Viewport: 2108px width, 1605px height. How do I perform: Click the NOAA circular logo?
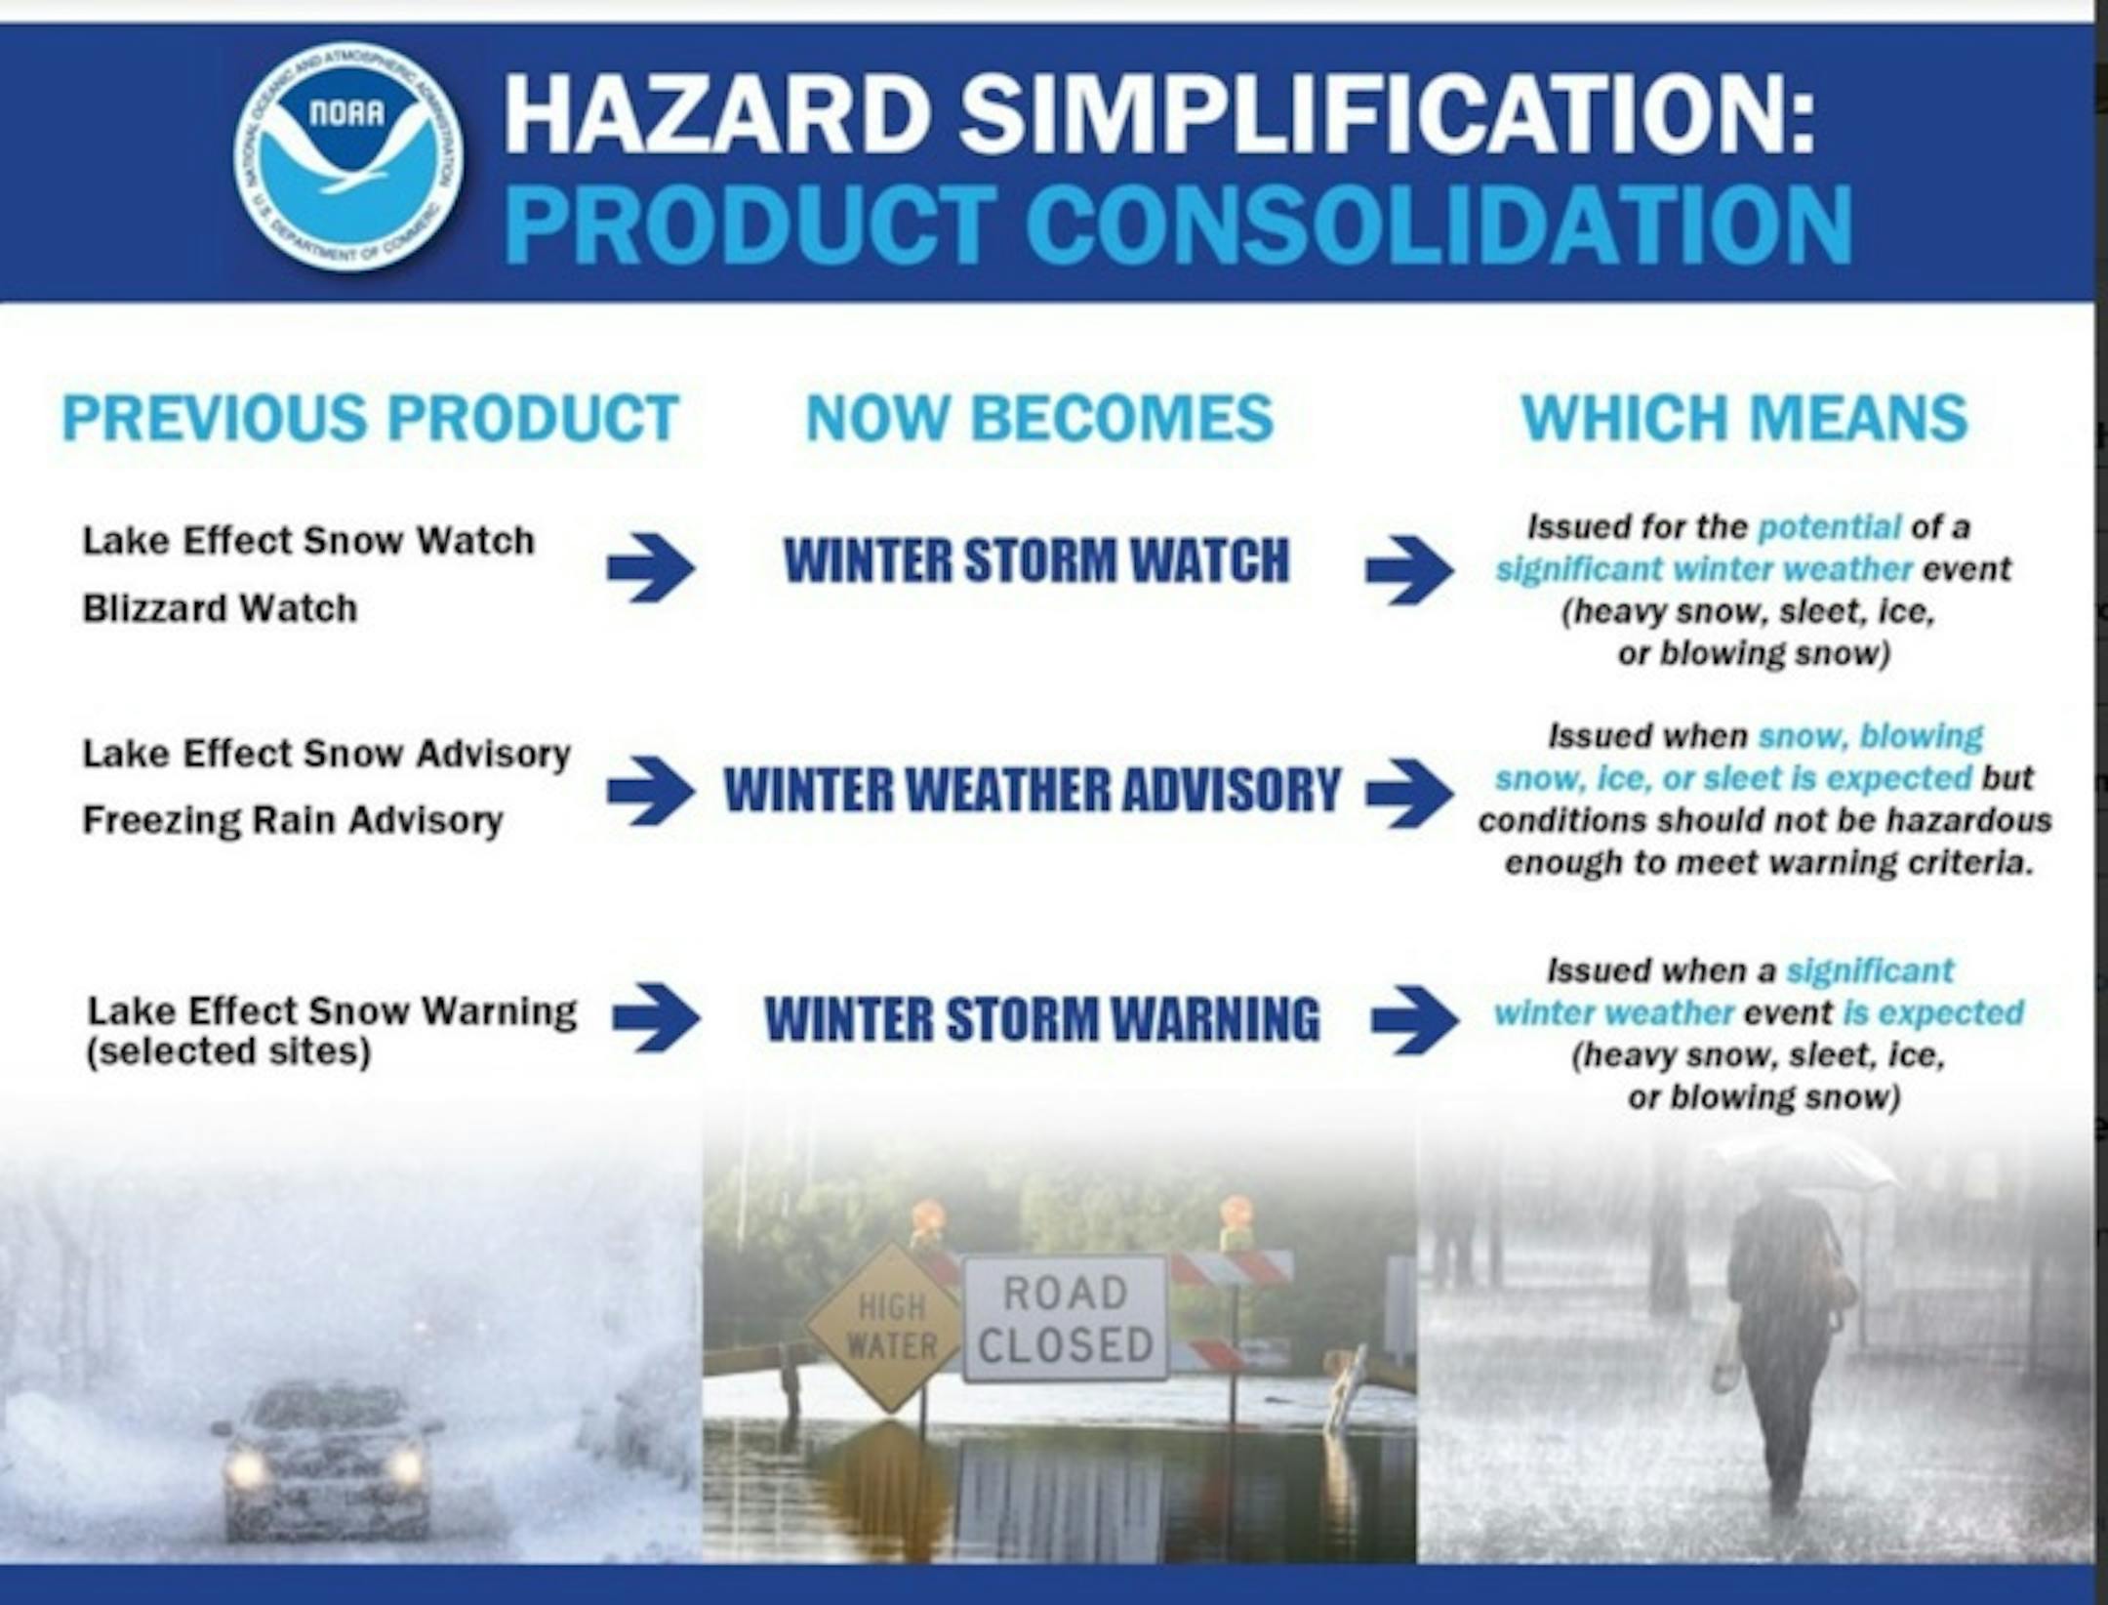pos(348,157)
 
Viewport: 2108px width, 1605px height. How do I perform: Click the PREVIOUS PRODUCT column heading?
pos(370,418)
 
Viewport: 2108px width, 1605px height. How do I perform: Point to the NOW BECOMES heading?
pos(1039,418)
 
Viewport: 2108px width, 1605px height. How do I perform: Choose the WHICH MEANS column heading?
pos(1744,418)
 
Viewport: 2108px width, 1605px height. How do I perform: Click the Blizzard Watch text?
pos(220,608)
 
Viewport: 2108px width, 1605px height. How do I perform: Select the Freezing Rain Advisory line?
pos(293,820)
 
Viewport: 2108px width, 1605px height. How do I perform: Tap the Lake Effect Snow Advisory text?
pos(326,754)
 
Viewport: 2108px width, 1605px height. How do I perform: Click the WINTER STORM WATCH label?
pos(1036,560)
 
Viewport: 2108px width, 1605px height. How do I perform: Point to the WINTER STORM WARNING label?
pos(1041,1018)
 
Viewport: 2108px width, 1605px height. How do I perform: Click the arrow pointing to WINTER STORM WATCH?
pos(651,566)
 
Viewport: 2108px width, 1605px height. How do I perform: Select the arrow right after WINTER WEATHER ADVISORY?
pos(1410,790)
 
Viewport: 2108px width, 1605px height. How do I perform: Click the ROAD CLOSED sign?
pos(1066,1319)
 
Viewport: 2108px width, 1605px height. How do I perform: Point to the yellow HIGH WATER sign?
pos(890,1326)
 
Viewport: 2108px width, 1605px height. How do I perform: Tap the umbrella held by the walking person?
pos(1806,1162)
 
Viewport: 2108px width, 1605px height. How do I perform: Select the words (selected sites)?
pos(228,1052)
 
